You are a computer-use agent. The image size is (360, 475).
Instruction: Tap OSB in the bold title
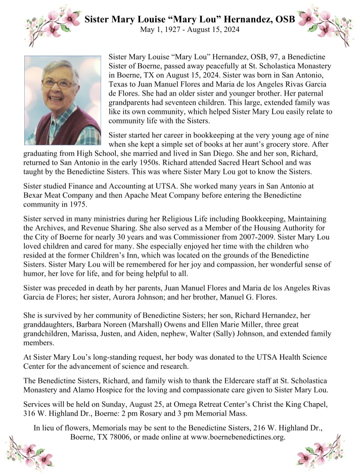(x=288, y=19)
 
